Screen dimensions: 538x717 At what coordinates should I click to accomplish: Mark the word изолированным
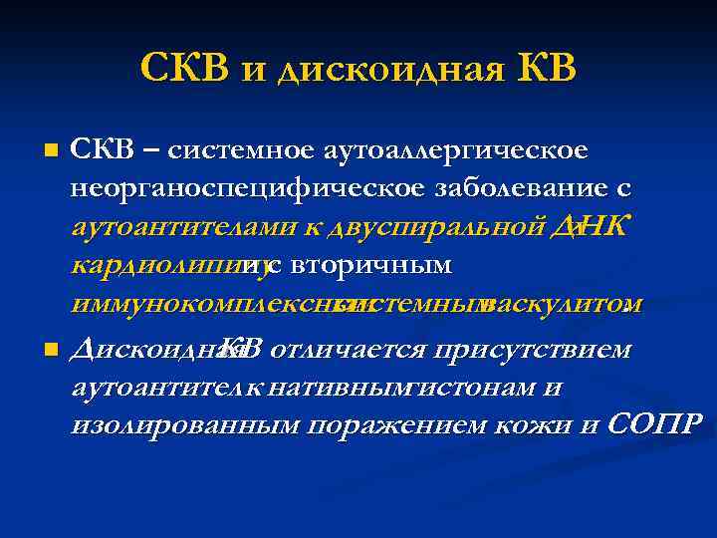[x=185, y=425]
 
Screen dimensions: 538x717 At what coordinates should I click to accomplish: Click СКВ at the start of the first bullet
[x=99, y=151]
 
